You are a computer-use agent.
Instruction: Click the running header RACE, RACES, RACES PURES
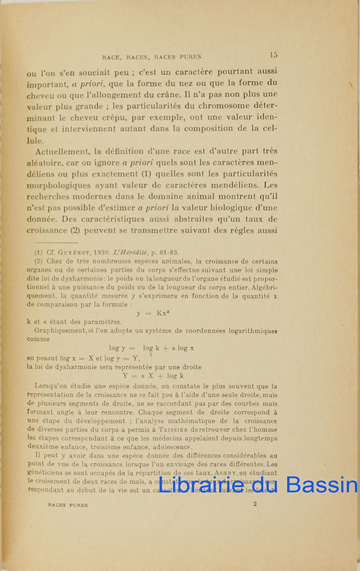point(151,57)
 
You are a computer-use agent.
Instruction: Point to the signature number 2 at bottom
point(255,504)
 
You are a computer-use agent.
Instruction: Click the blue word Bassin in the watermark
point(321,485)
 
